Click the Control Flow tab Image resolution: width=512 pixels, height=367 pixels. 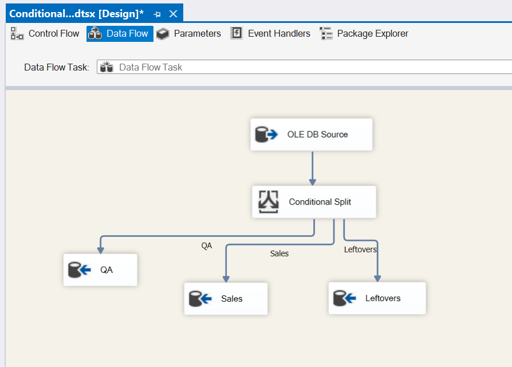(x=45, y=33)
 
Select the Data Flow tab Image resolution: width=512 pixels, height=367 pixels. (x=120, y=33)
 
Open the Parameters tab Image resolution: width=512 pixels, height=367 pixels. (x=188, y=33)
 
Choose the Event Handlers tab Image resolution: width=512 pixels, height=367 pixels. (x=270, y=33)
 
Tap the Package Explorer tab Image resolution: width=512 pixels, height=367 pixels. (x=364, y=33)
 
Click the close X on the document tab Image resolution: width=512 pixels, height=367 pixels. (x=173, y=14)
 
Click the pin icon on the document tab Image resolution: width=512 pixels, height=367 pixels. (x=157, y=14)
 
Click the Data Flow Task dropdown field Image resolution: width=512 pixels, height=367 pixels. (x=304, y=67)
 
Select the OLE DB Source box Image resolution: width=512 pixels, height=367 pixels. (x=311, y=134)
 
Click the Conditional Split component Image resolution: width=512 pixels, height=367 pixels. (x=314, y=202)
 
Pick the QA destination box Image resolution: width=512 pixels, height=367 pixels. (x=100, y=270)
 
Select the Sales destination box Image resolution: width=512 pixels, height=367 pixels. (x=226, y=298)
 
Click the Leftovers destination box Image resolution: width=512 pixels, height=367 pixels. (x=377, y=298)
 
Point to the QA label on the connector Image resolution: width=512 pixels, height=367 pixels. (x=206, y=246)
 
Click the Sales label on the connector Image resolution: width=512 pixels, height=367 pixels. (x=279, y=253)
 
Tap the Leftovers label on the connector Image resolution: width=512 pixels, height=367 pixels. (x=360, y=249)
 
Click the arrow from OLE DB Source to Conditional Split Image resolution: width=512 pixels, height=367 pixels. (x=313, y=168)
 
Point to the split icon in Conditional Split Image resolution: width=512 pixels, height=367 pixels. (x=269, y=202)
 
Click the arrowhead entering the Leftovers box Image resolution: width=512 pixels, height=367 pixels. (x=377, y=279)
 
